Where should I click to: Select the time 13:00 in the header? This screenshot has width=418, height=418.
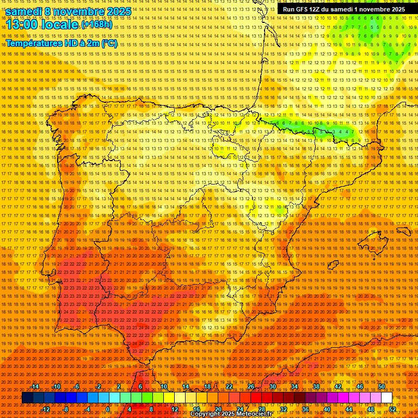pyautogui.click(x=21, y=25)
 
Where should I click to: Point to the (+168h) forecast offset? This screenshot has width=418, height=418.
pyautogui.click(x=97, y=25)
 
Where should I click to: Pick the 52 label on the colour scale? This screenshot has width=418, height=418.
pyautogui.click(x=392, y=409)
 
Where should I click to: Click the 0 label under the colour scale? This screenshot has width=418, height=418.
pyautogui.click(x=108, y=409)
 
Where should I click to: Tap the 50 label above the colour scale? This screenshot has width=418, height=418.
pyautogui.click(x=382, y=386)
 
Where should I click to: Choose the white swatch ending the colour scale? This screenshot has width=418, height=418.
pyautogui.click(x=386, y=398)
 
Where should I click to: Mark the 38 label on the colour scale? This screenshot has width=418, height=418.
pyautogui.click(x=316, y=386)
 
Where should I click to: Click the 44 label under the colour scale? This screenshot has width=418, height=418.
pyautogui.click(x=349, y=409)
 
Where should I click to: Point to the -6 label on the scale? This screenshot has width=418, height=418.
pyautogui.click(x=77, y=386)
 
